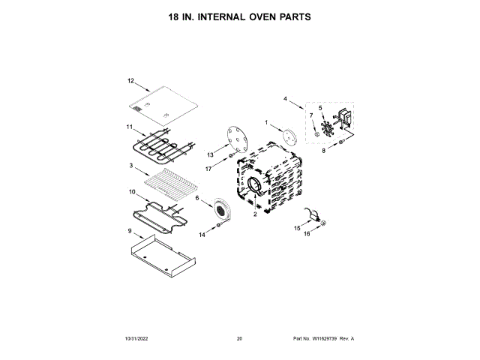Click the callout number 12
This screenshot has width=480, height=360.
(x=130, y=80)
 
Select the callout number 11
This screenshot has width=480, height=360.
(x=129, y=127)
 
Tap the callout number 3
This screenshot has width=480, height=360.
(x=130, y=166)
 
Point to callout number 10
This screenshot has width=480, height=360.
(x=131, y=192)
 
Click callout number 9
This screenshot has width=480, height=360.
(x=130, y=232)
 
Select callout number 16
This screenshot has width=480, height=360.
(x=306, y=234)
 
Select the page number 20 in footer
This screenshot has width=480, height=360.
(x=239, y=339)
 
